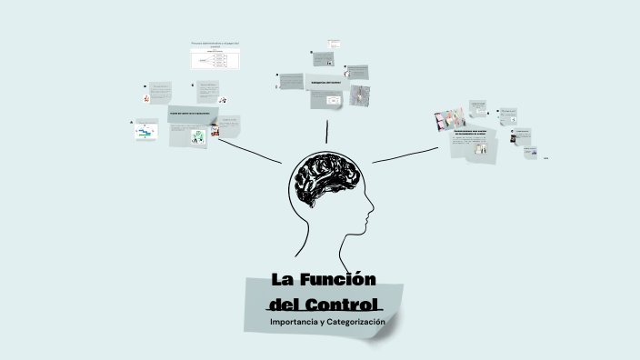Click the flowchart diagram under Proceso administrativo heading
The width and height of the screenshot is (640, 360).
pyautogui.click(x=215, y=60)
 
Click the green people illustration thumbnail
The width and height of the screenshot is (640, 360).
pyautogui.click(x=197, y=136)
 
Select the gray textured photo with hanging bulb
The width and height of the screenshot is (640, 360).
pyautogui.click(x=359, y=95)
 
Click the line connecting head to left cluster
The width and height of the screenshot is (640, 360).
pyautogui.click(x=250, y=150)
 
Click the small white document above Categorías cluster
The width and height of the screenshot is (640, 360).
pyautogui.click(x=334, y=44)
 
